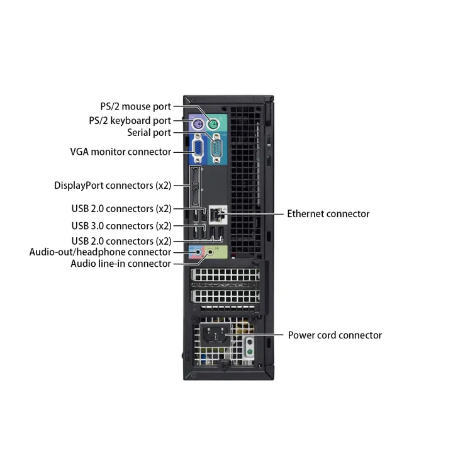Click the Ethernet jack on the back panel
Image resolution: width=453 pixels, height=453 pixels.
click(x=218, y=215)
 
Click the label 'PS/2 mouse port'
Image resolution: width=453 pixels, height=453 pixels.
click(x=135, y=106)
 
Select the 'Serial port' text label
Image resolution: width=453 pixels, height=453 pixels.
click(x=148, y=133)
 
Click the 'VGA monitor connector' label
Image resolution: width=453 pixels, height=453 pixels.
click(x=120, y=152)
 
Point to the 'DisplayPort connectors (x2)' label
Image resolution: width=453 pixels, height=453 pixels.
click(x=113, y=186)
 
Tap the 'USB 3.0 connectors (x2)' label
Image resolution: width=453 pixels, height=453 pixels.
click(x=121, y=225)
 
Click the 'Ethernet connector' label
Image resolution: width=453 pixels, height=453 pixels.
click(x=328, y=214)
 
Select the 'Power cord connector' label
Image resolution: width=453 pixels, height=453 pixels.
click(x=335, y=335)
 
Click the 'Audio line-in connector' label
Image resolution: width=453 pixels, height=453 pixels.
click(x=120, y=264)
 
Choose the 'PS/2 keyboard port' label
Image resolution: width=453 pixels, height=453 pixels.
click(x=129, y=120)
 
